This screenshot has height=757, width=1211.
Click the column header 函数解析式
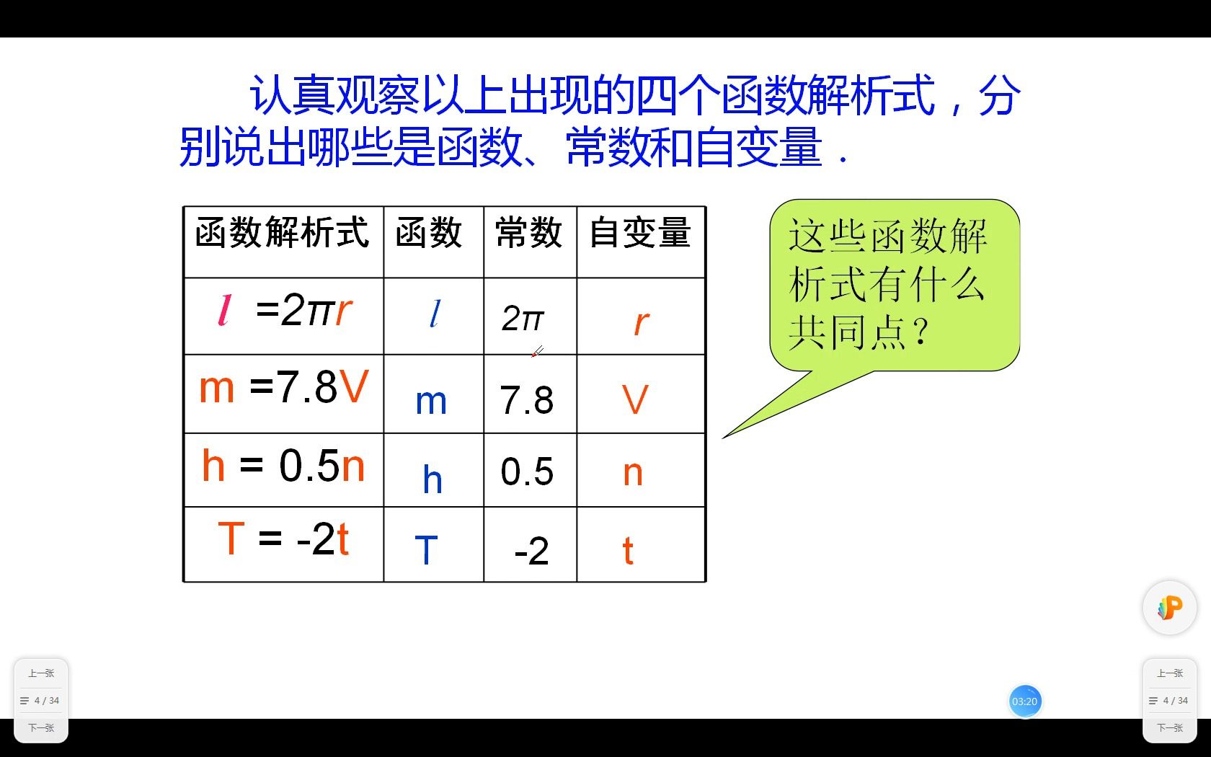(x=283, y=234)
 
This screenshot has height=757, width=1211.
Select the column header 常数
(x=529, y=234)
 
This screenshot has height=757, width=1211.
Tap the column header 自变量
(x=640, y=234)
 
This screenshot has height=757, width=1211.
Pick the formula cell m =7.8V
(x=284, y=388)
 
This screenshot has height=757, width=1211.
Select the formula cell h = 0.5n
(x=284, y=466)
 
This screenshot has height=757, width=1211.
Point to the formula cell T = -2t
(x=284, y=539)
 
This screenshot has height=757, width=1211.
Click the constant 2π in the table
(x=523, y=319)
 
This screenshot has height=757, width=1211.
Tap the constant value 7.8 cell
(x=527, y=401)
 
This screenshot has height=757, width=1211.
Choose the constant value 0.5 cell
(x=527, y=472)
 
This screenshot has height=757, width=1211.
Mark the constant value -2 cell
(x=531, y=552)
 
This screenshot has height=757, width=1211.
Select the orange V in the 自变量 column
(x=635, y=399)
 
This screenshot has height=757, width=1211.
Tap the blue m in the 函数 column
(x=431, y=402)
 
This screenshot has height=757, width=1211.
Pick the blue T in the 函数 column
(x=427, y=550)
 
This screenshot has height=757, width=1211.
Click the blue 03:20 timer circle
(x=1024, y=701)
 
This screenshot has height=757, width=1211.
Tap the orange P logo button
(x=1169, y=608)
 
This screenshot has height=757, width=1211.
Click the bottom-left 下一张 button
(x=41, y=727)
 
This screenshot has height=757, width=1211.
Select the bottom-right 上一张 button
(x=1169, y=673)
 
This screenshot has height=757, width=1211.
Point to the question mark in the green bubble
(x=920, y=332)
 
